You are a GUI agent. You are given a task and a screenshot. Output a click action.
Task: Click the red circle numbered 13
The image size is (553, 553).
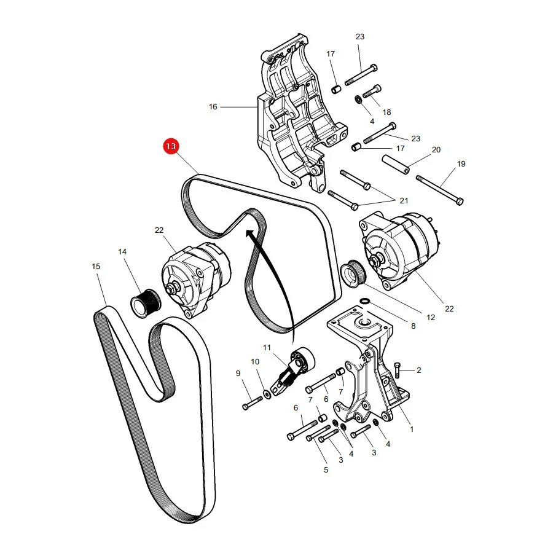[x=171, y=146]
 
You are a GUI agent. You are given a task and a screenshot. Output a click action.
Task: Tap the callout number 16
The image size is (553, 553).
[x=213, y=106]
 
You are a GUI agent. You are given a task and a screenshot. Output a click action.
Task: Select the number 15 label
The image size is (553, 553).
[x=96, y=266]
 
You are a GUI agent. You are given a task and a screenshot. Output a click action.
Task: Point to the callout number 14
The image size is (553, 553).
[x=122, y=251]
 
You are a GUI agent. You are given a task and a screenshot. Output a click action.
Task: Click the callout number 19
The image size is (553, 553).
[x=461, y=163]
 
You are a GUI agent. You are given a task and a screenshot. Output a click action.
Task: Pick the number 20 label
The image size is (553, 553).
[x=436, y=149]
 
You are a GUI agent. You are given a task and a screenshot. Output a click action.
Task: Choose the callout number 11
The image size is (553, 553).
[x=267, y=347]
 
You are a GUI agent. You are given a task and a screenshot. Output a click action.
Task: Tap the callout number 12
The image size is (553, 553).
[x=431, y=317]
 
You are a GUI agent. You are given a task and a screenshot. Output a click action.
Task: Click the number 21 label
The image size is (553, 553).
[x=404, y=201]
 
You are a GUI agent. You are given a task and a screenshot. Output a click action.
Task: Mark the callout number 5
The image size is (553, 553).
[x=326, y=470]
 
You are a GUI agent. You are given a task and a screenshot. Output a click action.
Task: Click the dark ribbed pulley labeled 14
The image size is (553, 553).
[x=146, y=304]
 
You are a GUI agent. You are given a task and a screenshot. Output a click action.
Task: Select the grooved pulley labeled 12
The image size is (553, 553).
[x=354, y=274]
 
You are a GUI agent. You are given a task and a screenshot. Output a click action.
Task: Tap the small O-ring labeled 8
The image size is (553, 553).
[x=365, y=301]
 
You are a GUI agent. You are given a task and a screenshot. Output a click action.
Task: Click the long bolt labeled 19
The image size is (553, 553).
[x=440, y=190]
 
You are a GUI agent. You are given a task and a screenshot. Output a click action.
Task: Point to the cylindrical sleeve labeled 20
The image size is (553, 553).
[x=396, y=165]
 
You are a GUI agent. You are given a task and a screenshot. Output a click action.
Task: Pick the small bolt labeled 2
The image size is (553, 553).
[x=398, y=370]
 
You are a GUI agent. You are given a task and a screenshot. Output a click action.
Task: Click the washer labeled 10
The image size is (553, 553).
[x=267, y=394]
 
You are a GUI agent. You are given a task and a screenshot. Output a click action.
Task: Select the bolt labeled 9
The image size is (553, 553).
[x=253, y=403]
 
